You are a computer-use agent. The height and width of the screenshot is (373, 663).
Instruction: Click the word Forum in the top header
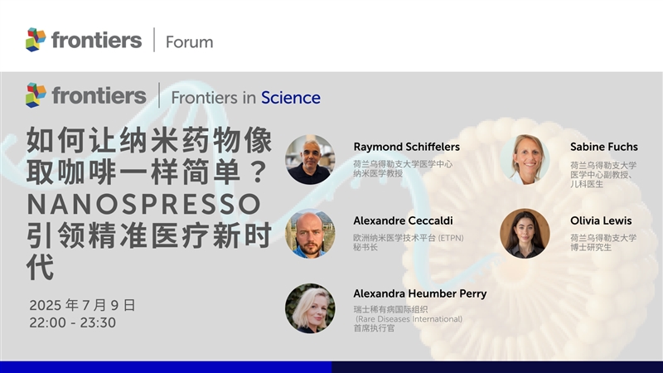(190, 42)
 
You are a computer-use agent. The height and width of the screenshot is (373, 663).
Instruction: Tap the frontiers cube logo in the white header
(36, 40)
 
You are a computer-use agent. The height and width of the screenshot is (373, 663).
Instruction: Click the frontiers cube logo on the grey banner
(36, 95)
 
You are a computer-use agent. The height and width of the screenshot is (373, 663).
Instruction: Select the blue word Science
(291, 98)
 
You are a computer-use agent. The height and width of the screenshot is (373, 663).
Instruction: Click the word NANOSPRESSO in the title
(144, 204)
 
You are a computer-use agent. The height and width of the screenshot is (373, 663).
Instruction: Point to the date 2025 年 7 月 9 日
(82, 305)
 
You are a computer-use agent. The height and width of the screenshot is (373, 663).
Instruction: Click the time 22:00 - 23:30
(72, 322)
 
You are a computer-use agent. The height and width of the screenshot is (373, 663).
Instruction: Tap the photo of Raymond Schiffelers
(310, 159)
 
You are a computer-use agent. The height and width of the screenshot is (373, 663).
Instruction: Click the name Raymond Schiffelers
(406, 147)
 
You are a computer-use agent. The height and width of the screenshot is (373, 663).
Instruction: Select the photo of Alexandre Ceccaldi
(310, 234)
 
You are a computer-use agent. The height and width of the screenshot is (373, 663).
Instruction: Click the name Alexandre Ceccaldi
(403, 220)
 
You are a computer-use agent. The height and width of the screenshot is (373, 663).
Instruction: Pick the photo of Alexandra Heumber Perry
(310, 308)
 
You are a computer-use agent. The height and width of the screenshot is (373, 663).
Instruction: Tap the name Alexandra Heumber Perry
(420, 293)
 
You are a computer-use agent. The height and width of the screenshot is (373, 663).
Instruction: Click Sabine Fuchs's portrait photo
(525, 159)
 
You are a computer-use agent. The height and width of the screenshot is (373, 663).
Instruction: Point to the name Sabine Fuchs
(604, 147)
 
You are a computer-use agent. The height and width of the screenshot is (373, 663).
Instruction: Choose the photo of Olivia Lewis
(525, 234)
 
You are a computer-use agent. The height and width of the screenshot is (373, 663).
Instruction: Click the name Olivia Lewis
(601, 220)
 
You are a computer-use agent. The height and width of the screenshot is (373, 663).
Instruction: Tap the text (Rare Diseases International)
(409, 319)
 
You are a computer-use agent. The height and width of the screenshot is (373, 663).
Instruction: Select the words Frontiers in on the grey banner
(213, 98)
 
